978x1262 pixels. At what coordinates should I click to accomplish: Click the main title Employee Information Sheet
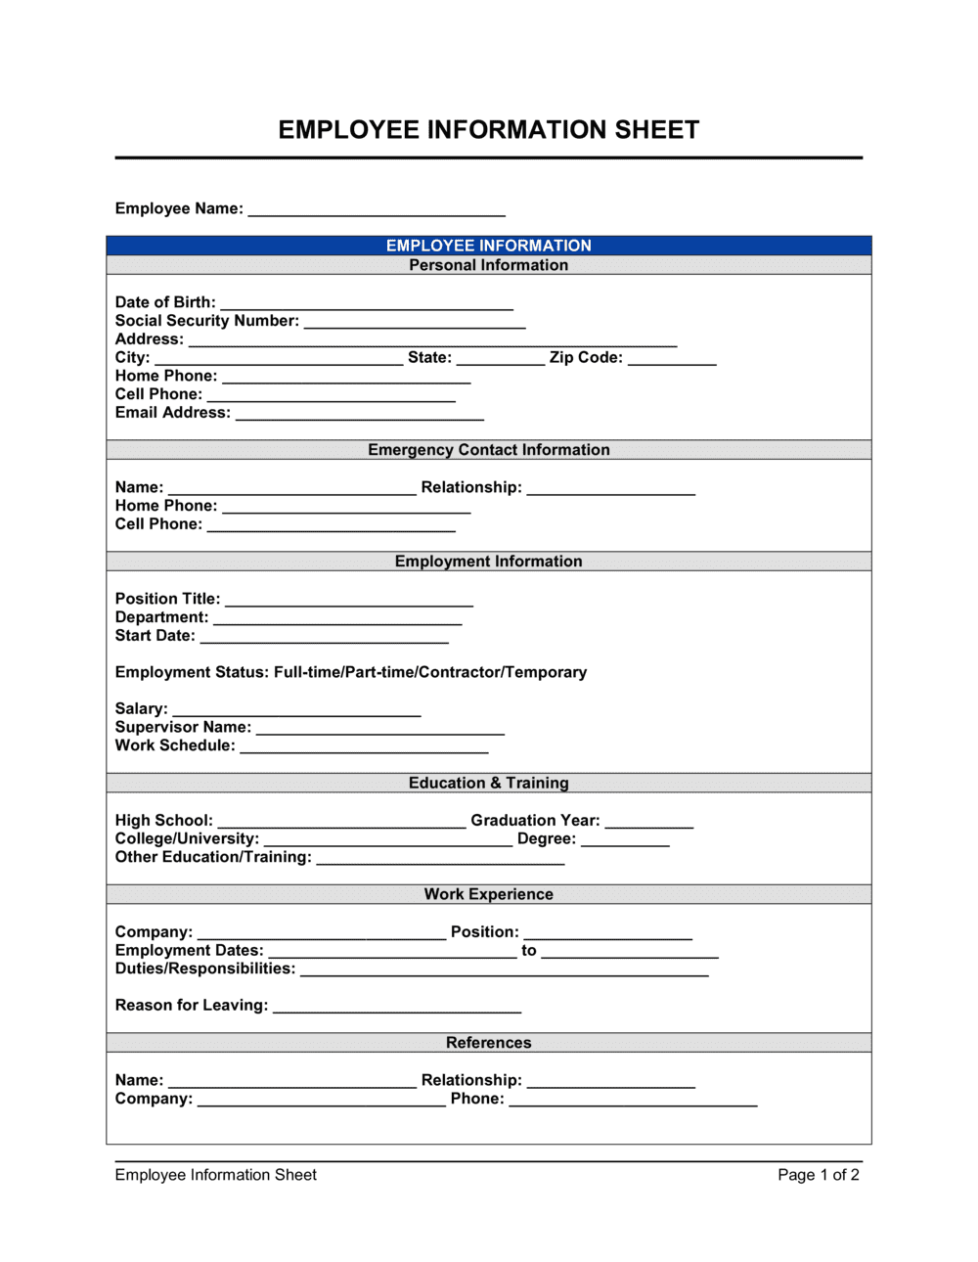tap(488, 130)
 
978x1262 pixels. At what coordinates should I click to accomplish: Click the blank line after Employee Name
tap(377, 209)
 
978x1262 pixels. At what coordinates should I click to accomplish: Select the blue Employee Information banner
tap(488, 246)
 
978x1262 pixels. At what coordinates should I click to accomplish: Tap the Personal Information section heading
tap(488, 265)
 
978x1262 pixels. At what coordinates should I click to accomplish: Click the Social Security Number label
tap(206, 321)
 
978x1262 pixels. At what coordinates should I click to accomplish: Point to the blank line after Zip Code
tap(672, 359)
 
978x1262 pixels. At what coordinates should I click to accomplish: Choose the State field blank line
tap(500, 359)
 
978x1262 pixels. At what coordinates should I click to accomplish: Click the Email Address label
tap(172, 413)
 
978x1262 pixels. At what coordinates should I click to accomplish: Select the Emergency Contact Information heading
tap(488, 450)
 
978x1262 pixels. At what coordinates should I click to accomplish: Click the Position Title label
tap(167, 599)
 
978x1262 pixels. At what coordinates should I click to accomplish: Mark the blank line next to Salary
tap(296, 710)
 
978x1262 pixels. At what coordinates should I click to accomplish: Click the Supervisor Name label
tap(183, 727)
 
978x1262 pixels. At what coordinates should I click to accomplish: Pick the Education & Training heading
tap(488, 783)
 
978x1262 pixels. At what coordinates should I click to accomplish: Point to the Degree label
tap(546, 839)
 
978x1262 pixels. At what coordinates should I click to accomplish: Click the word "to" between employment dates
tap(528, 950)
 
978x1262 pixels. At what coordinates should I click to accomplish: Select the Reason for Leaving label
tap(191, 1006)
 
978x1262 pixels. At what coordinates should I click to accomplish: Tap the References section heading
tap(488, 1043)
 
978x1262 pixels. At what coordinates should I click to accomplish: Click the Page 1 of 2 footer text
tap(818, 1175)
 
